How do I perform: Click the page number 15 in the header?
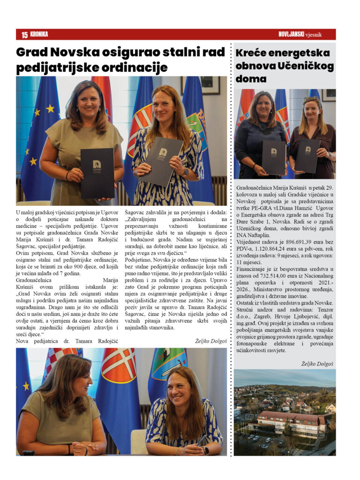point(24,35)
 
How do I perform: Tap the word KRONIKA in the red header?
point(39,34)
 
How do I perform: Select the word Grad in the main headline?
point(32,52)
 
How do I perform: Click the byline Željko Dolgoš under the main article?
point(210,341)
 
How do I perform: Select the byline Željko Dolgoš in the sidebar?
point(317,363)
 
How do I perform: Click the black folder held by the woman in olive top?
point(97,173)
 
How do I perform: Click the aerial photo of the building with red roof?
point(285,412)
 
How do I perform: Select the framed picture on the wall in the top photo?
point(197,84)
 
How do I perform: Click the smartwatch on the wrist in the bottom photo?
point(206,450)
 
